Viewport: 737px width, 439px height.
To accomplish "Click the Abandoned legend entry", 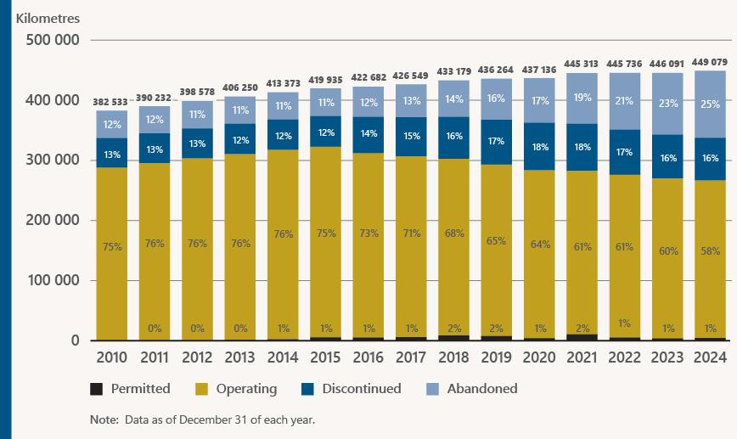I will (483, 389).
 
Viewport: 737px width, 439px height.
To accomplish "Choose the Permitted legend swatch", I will (97, 389).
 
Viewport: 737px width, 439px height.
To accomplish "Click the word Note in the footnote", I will (104, 419).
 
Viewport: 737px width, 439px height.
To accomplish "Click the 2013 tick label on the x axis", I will (240, 358).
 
